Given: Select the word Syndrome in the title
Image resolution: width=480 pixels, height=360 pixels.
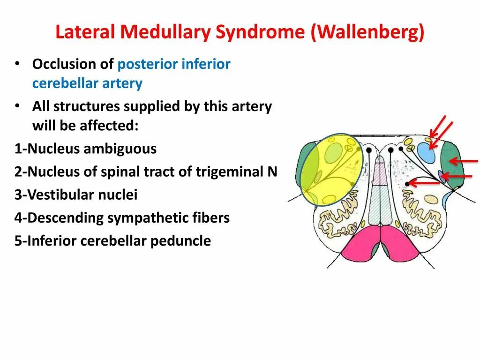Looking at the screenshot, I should click(x=261, y=32).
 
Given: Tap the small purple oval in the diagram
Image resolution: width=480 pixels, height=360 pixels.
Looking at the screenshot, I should click(x=441, y=176).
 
